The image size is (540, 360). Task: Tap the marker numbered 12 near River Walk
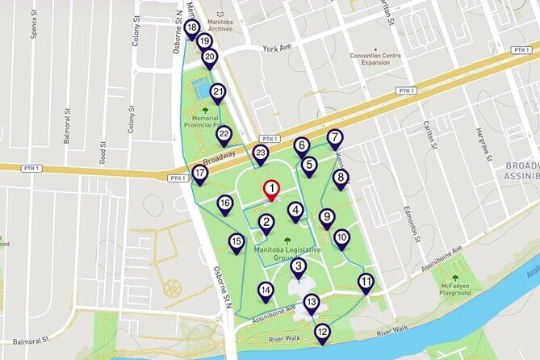(x=322, y=331)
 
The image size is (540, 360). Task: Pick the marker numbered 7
(x=335, y=137)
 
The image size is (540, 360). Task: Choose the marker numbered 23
(x=261, y=153)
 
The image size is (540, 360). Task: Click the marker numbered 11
(x=366, y=282)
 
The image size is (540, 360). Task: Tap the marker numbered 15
(x=237, y=241)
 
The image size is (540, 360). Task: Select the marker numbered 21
(x=218, y=92)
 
